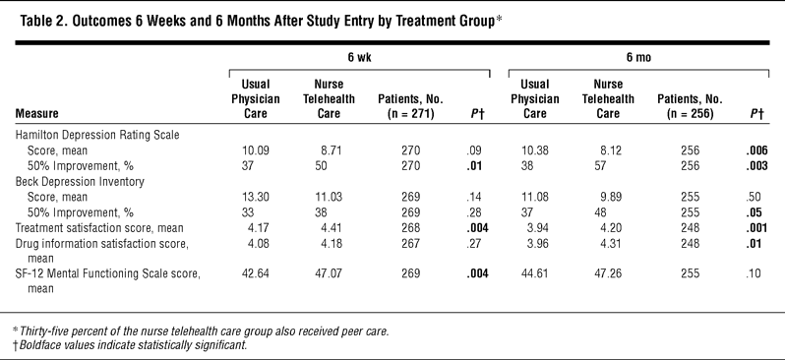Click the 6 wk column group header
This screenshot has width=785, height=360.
pos(359,58)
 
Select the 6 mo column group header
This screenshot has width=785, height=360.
pos(638,58)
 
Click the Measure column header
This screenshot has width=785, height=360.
pos(36,114)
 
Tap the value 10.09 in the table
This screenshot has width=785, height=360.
pos(256,150)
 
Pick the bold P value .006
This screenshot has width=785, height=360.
pos(755,150)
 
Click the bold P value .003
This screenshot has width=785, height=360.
pos(755,165)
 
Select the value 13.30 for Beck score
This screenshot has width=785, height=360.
pos(256,197)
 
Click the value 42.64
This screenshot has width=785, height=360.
pos(256,273)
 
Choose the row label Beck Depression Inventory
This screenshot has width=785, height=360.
pos(80,181)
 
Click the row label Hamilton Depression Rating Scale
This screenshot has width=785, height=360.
pos(97,135)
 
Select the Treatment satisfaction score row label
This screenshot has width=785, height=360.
pos(99,228)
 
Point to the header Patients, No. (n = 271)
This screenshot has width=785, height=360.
pos(410,106)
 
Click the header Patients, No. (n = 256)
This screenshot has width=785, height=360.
pos(690,106)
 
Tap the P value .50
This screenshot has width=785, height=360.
pos(754,197)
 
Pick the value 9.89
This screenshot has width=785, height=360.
pos(611,197)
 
